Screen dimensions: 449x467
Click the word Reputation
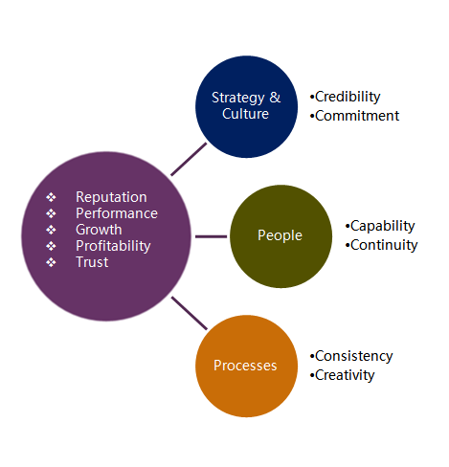[111, 197]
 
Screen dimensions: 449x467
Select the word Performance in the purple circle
[117, 213]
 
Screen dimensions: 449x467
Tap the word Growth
[99, 230]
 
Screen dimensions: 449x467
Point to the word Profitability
[113, 246]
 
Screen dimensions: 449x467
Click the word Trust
[92, 262]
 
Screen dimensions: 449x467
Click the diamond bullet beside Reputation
[51, 197]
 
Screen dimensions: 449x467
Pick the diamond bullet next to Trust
[51, 262]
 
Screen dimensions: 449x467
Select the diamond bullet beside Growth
[51, 230]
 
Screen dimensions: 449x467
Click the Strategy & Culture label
[246, 106]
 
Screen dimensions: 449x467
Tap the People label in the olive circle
[280, 235]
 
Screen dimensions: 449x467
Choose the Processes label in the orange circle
[245, 366]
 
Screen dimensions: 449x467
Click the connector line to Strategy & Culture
[189, 159]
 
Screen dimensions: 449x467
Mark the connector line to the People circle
[212, 236]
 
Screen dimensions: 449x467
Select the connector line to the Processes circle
[190, 313]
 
